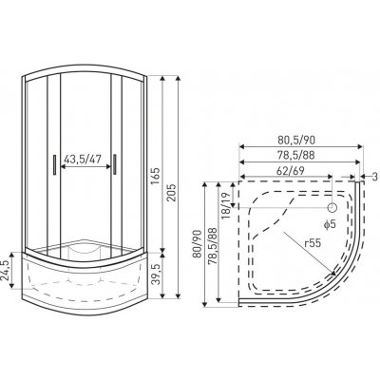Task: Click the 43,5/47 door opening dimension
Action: click(83, 159)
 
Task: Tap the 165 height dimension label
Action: click(156, 177)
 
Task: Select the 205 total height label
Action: click(171, 192)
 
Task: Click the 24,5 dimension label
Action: click(6, 270)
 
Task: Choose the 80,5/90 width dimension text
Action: click(296, 140)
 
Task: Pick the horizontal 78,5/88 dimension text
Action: click(296, 156)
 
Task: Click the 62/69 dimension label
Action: click(291, 171)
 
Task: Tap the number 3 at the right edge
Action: click(375, 177)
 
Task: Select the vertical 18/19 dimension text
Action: click(226, 206)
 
